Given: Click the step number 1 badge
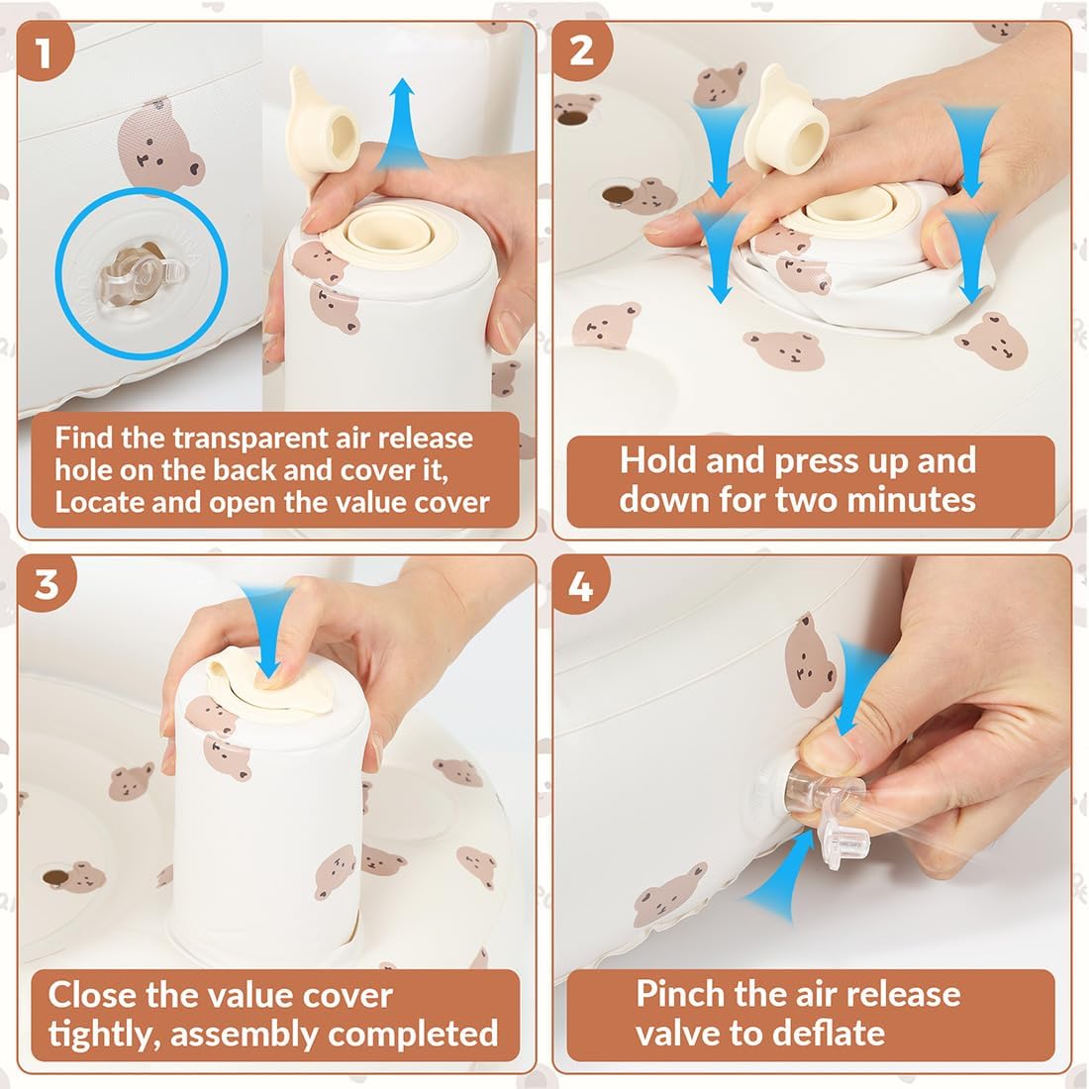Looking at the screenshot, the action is point(45,51).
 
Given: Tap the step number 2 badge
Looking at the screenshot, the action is point(580,50).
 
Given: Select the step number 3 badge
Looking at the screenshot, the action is point(45,583).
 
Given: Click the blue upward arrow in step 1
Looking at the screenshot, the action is point(401,124).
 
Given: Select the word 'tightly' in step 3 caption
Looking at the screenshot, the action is point(105,1035).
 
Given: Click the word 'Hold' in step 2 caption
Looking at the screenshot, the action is point(657,459).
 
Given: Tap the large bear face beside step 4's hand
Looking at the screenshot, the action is point(809,660).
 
